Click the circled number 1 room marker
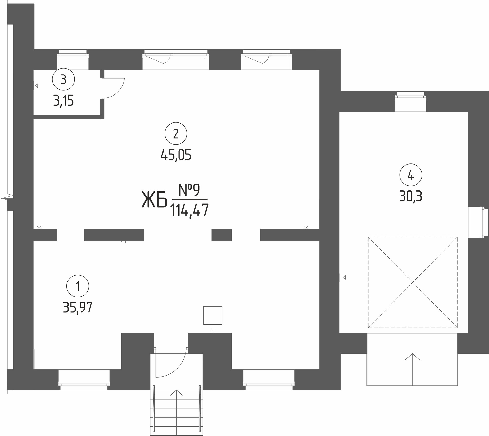coord(78,286)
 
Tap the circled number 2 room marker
coord(176,134)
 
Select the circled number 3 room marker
coord(63,79)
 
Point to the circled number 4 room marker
coord(411,175)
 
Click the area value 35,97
coord(78,307)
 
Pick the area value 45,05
coord(176,155)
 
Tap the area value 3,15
coord(63,101)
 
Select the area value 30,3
coord(411,197)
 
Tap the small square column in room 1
coord(213,315)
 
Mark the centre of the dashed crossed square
coord(413,282)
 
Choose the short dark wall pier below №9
coord(221,235)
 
